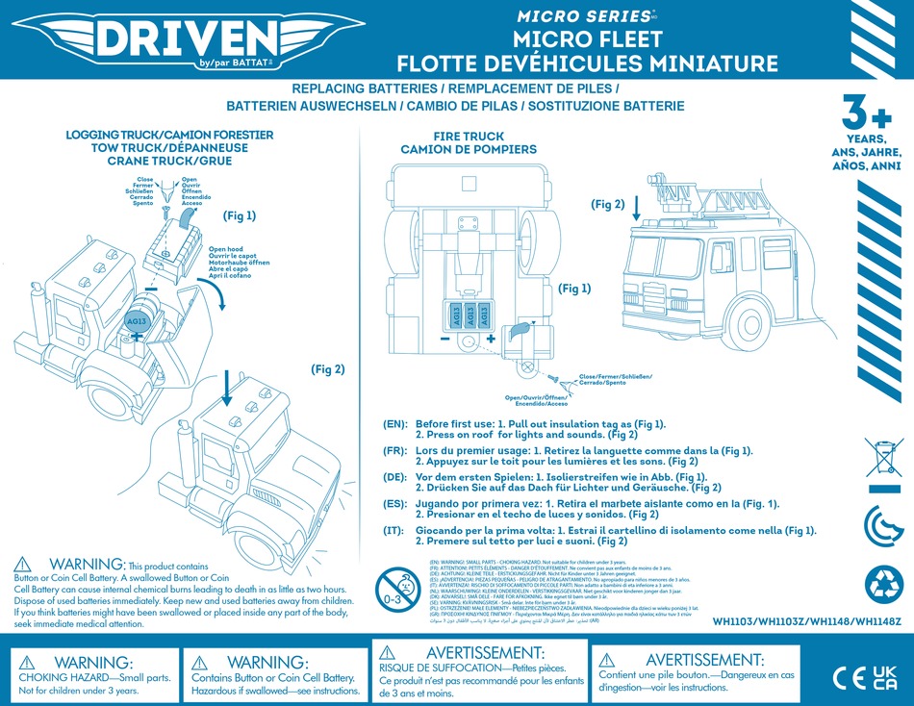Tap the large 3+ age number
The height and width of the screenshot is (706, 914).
[868, 113]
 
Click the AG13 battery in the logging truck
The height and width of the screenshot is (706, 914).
[137, 321]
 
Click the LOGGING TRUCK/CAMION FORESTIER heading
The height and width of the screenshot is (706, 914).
[169, 135]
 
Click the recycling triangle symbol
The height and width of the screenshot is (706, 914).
[884, 584]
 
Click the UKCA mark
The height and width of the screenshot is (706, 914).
[884, 676]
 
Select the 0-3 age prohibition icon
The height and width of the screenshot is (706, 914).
[394, 586]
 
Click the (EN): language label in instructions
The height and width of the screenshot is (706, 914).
[396, 424]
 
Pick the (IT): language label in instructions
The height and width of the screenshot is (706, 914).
[396, 530]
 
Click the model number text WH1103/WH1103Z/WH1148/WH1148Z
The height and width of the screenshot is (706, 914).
[807, 621]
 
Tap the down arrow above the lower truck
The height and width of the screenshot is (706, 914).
[225, 390]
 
